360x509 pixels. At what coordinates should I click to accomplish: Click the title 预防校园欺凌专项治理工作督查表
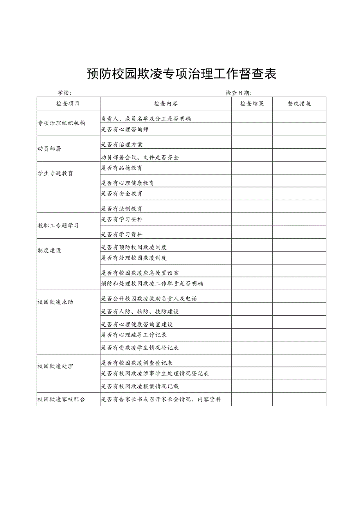(x=181, y=74)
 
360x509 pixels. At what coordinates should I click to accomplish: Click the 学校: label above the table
(x=65, y=93)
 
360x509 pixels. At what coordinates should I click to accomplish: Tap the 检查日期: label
(x=239, y=93)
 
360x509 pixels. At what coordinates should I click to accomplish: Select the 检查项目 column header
(x=68, y=104)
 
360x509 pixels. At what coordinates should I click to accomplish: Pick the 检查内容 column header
(x=166, y=104)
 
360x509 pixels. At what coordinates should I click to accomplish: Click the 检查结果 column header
(x=252, y=104)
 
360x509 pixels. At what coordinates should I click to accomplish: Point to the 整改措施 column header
(x=299, y=104)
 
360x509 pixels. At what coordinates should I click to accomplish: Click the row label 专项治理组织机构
(x=61, y=123)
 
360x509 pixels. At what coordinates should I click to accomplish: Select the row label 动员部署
(x=49, y=149)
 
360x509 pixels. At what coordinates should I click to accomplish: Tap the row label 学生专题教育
(x=55, y=174)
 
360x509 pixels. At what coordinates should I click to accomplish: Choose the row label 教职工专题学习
(x=58, y=226)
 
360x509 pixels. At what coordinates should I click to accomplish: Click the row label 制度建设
(x=49, y=251)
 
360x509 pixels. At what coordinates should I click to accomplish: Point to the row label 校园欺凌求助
(x=55, y=302)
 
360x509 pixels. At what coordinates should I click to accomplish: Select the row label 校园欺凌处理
(x=55, y=367)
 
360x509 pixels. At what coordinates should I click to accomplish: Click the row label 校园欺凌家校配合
(x=61, y=399)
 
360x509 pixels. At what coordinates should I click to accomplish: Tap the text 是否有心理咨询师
(x=125, y=129)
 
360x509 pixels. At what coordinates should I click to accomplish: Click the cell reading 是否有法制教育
(x=122, y=209)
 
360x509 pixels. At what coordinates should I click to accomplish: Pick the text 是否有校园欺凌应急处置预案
(x=140, y=273)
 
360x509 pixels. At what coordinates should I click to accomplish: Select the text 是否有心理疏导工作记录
(x=134, y=335)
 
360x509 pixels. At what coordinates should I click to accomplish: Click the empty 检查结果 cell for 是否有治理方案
(x=252, y=142)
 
